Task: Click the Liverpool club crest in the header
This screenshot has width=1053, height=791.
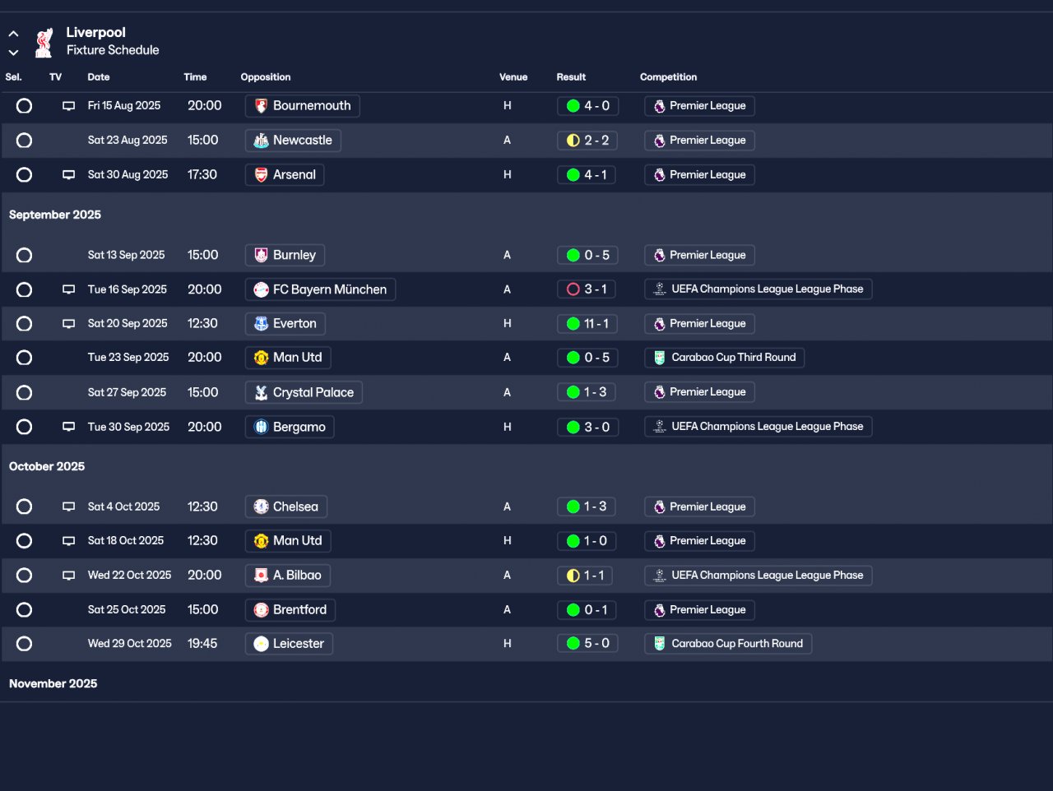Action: pyautogui.click(x=44, y=42)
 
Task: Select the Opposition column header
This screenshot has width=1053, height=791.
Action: pyautogui.click(x=265, y=77)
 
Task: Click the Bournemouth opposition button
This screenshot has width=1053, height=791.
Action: pyautogui.click(x=302, y=106)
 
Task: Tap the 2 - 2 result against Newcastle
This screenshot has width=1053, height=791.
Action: pyautogui.click(x=587, y=141)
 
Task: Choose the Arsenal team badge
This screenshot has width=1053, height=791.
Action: pyautogui.click(x=261, y=175)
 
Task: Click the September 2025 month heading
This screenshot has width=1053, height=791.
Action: pyautogui.click(x=55, y=215)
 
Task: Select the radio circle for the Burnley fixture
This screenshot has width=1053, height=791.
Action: pyautogui.click(x=25, y=256)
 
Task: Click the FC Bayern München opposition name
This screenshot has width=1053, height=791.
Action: pyautogui.click(x=329, y=289)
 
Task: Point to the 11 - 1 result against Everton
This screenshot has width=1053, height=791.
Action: pyautogui.click(x=587, y=324)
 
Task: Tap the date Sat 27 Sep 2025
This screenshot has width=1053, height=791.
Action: pyautogui.click(x=127, y=393)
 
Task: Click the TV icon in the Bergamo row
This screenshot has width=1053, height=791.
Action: pyautogui.click(x=69, y=428)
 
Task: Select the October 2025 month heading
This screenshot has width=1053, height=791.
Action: pyautogui.click(x=47, y=466)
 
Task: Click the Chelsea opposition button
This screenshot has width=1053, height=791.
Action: pyautogui.click(x=286, y=507)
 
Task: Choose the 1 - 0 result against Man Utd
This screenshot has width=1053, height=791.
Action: pyautogui.click(x=587, y=541)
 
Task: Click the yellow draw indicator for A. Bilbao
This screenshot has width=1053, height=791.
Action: pyautogui.click(x=573, y=576)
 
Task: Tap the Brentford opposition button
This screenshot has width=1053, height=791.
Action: pyautogui.click(x=290, y=610)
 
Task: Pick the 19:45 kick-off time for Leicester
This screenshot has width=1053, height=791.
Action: pyautogui.click(x=202, y=644)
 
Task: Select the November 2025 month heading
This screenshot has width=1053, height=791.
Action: pyautogui.click(x=53, y=683)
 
